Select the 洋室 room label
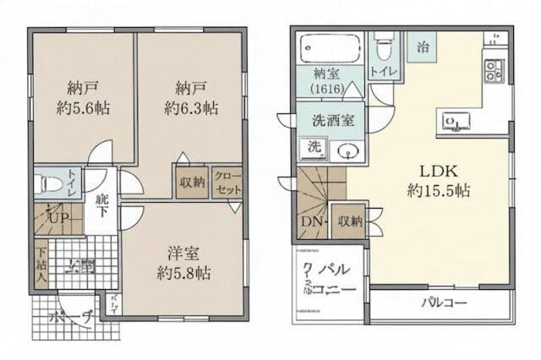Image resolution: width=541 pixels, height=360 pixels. coord(183,252)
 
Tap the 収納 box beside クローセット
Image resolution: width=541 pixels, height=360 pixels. coord(193,182)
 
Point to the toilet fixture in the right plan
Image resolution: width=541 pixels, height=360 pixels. coord(384,40)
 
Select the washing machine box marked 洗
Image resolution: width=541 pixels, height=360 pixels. coord(314,147)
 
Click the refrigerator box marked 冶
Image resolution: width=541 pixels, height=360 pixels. coord(421,47)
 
